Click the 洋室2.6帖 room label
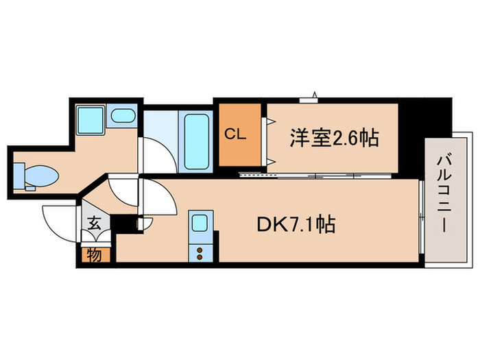pos(334,138)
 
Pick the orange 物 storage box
pos(93,254)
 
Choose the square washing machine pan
pos(89,121)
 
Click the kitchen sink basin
pos(199,223)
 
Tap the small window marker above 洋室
pos(312,97)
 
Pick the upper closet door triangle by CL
pos(272,121)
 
